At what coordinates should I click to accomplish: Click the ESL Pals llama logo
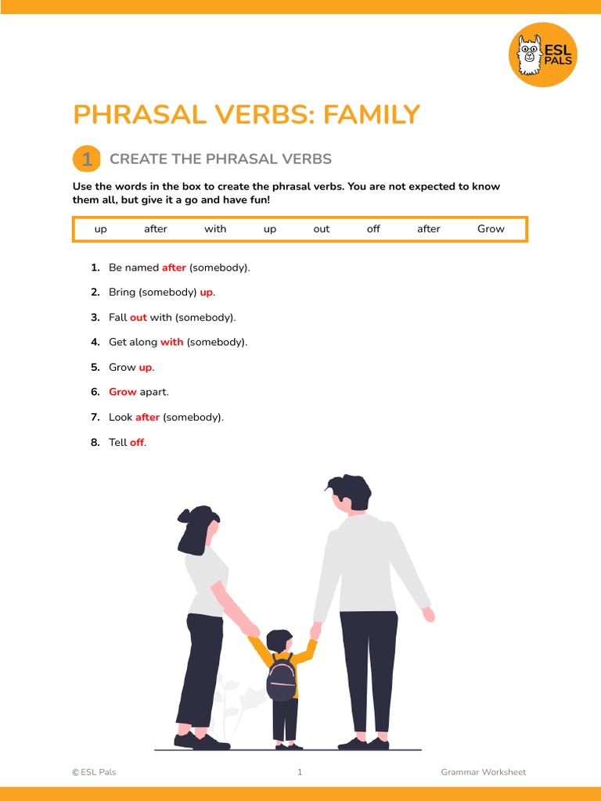542,54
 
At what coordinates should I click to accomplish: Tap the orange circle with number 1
87,159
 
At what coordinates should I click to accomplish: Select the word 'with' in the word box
215,229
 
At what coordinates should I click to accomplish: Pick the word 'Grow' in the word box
491,229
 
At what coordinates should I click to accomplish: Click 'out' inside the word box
322,229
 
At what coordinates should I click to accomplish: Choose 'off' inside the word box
373,229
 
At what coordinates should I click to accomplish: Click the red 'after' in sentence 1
174,268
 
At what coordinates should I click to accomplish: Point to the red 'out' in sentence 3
139,318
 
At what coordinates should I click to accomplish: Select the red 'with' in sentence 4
171,343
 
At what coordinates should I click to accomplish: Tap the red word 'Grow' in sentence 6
123,393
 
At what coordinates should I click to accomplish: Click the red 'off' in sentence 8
137,443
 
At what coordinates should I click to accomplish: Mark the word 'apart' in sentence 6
154,393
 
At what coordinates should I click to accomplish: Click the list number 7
95,418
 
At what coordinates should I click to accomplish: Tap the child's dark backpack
282,678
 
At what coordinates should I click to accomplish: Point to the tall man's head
349,493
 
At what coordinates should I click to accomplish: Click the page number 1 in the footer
300,772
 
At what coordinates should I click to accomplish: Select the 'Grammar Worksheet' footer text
483,772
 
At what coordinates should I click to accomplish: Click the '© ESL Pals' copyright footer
94,772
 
